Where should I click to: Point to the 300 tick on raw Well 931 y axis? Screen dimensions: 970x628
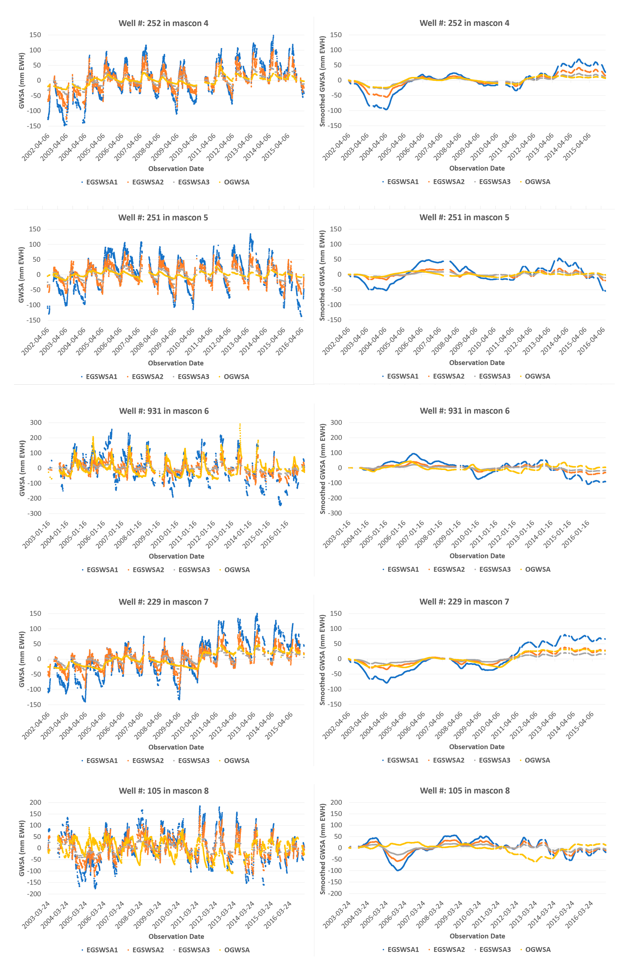(x=35, y=423)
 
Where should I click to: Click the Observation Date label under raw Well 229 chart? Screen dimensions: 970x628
(x=176, y=747)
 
